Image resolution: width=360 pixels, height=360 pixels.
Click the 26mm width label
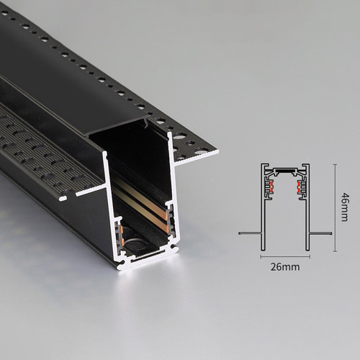tap(285, 266)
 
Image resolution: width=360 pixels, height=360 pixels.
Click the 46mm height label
tap(345, 207)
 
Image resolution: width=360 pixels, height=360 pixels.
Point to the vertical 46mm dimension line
tap(336, 208)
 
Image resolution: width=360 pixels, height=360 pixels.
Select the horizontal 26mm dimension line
tap(285, 257)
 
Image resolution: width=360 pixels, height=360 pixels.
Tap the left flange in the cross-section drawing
tap(250, 233)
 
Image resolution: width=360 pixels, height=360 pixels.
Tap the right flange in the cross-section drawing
tap(320, 233)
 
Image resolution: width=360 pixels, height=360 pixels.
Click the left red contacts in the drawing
tap(272, 187)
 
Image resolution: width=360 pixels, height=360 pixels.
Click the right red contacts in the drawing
tap(299, 187)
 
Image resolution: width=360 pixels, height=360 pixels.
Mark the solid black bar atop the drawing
tap(285, 171)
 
